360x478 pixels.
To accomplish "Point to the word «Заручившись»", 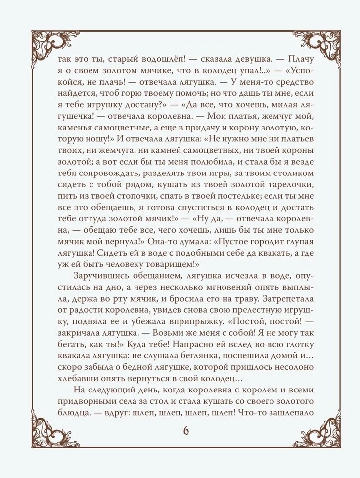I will (x=102, y=275).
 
